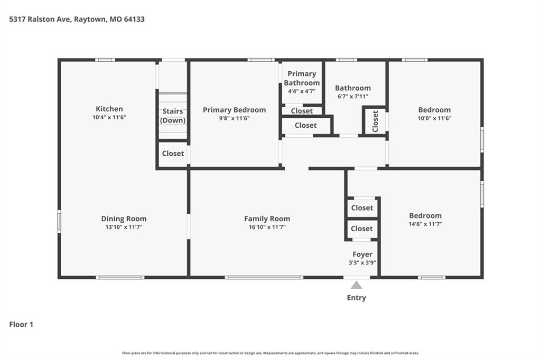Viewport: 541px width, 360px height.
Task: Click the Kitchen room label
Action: tap(109, 109)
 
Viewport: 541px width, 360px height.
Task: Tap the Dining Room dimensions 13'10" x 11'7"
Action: tap(124, 227)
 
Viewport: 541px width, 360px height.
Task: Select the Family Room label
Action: tap(267, 219)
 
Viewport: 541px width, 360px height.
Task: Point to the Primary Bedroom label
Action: tap(234, 110)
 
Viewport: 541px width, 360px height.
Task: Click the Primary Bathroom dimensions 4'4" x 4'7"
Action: tap(302, 91)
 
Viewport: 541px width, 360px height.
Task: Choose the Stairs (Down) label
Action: tap(173, 116)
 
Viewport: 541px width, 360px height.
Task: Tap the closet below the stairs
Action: tap(173, 154)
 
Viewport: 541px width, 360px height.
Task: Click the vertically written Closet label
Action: tap(376, 121)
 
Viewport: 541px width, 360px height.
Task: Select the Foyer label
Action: tap(362, 254)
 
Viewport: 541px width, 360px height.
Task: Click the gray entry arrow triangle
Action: tap(357, 285)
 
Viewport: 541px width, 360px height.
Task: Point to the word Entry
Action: tap(357, 298)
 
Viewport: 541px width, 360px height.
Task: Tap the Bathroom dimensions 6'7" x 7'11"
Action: tap(352, 97)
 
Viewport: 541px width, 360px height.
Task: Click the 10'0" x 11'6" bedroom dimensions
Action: tap(434, 118)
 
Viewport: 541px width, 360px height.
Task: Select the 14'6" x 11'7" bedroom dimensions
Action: tap(425, 224)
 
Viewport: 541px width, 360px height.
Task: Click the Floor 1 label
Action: tap(21, 325)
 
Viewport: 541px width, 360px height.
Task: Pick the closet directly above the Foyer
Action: tap(362, 229)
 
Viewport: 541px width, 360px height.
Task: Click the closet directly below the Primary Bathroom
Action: tap(302, 111)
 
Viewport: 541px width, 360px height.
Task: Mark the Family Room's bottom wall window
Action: tap(264, 277)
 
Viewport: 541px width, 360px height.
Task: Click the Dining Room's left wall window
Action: tap(59, 221)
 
